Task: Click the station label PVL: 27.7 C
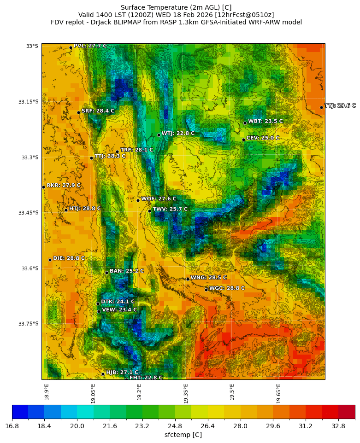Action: pos(90,46)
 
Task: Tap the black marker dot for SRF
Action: pos(78,112)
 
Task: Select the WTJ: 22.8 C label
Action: pos(178,134)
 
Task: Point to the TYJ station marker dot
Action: pos(321,107)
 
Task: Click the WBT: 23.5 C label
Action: pos(265,122)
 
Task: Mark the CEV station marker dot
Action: pos(243,140)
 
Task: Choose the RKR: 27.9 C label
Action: pos(63,186)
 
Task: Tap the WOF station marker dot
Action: pos(138,200)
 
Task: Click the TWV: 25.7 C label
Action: pos(170,209)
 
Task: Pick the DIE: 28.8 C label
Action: pos(69,259)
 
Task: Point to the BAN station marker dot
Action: pos(106,273)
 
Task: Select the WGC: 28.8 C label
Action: pos(227,288)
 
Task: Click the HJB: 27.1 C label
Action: pos(122,373)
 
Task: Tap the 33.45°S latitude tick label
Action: pos(28,213)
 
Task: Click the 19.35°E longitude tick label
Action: pos(186,394)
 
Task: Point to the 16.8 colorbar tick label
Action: pos(12,426)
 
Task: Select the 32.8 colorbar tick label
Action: pos(338,426)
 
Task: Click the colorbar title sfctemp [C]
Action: pos(183,435)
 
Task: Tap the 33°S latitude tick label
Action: pos(32,46)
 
